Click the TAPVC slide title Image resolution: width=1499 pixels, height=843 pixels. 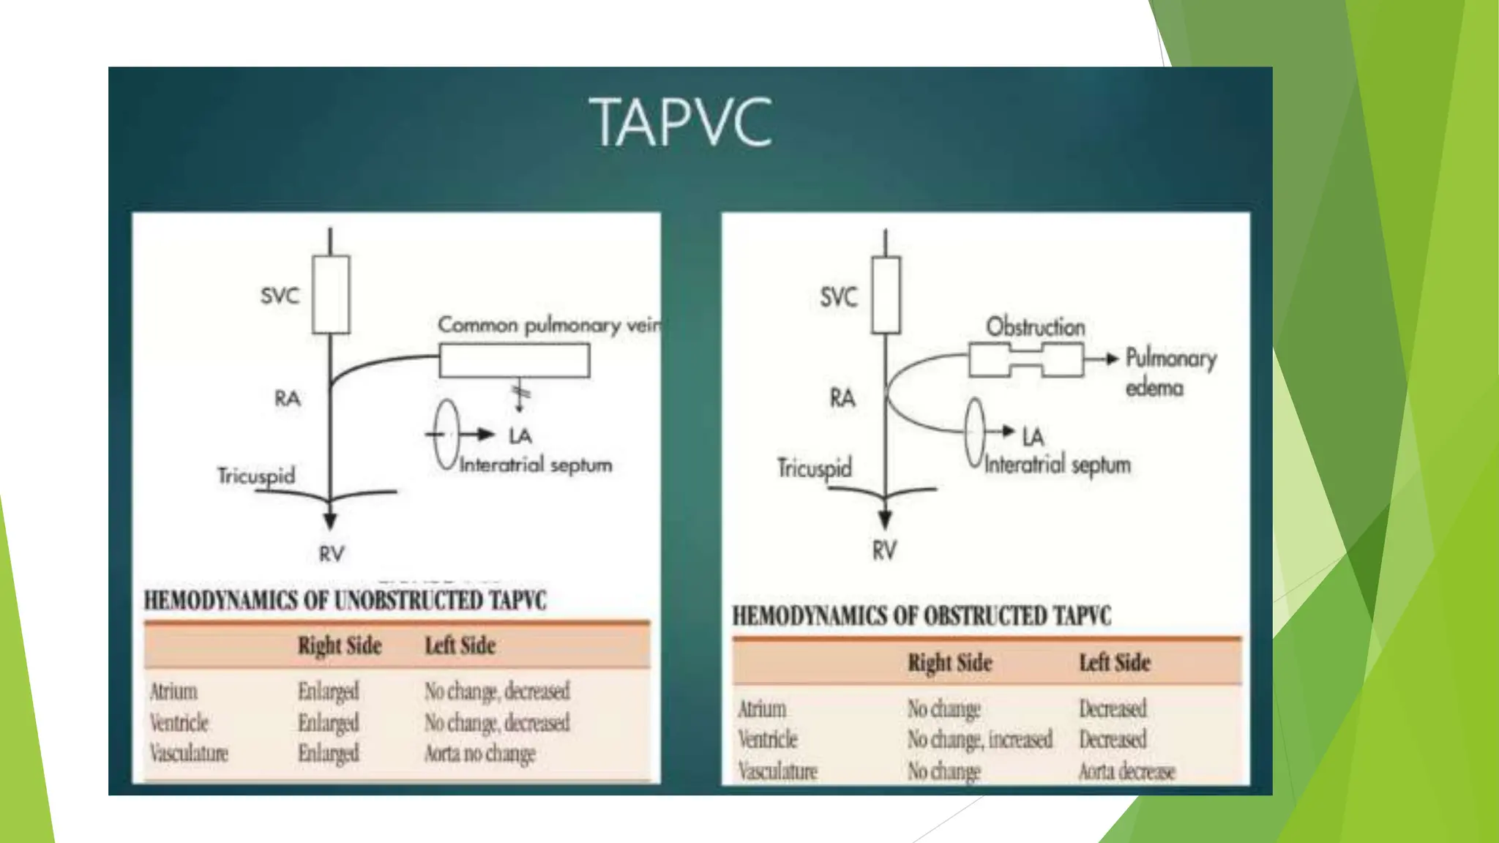coord(681,123)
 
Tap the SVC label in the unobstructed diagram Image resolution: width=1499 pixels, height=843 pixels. coord(280,296)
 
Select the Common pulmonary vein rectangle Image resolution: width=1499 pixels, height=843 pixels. coord(514,361)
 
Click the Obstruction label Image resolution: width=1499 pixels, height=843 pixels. coord(1035,326)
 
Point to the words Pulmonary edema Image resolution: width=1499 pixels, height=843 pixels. coord(1170,372)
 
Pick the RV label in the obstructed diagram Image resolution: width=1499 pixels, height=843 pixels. coord(884,550)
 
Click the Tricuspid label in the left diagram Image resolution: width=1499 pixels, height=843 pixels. coord(256,476)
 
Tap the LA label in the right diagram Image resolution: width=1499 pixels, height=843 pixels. coord(1033,437)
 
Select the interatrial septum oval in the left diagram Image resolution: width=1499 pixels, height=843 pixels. coord(446,435)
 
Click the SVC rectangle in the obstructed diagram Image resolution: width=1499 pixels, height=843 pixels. coord(886,295)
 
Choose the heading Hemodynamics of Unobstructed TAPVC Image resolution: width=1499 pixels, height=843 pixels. coord(345,601)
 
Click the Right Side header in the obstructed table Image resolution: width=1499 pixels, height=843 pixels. coord(949,663)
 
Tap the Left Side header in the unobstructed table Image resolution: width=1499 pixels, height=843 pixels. coord(460,645)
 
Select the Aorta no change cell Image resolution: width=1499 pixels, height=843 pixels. coord(479,754)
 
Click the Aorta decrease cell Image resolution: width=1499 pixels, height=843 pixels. coord(1126,771)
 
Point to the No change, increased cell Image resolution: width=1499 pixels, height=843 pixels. coord(979,740)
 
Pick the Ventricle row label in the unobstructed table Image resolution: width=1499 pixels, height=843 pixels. coord(179,723)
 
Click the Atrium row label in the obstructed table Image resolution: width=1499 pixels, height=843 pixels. coord(762,709)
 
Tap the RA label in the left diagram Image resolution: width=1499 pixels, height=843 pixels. coord(287,399)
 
